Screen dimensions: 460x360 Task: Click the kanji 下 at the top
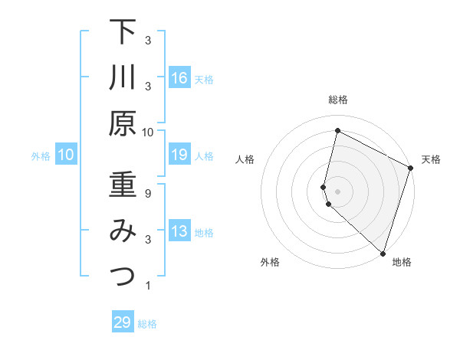pyautogui.click(x=123, y=32)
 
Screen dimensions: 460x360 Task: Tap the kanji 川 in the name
pyautogui.click(x=123, y=77)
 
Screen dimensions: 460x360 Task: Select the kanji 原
pyautogui.click(x=123, y=123)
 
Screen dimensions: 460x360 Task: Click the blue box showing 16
pyautogui.click(x=179, y=78)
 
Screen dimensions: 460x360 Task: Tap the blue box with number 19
pyautogui.click(x=179, y=155)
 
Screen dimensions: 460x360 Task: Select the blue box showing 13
pyautogui.click(x=179, y=232)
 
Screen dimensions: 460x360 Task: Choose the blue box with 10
pyautogui.click(x=66, y=155)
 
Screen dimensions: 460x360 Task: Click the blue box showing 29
pyautogui.click(x=123, y=322)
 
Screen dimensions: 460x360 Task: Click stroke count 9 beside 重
pyautogui.click(x=148, y=194)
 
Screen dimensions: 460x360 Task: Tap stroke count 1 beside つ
pyautogui.click(x=148, y=286)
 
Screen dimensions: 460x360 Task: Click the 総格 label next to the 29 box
pyautogui.click(x=147, y=324)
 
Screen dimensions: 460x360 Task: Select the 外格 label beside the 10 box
pyautogui.click(x=41, y=156)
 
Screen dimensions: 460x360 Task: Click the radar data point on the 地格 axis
pyautogui.click(x=383, y=253)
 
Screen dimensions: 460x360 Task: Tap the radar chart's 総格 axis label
pyautogui.click(x=338, y=100)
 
